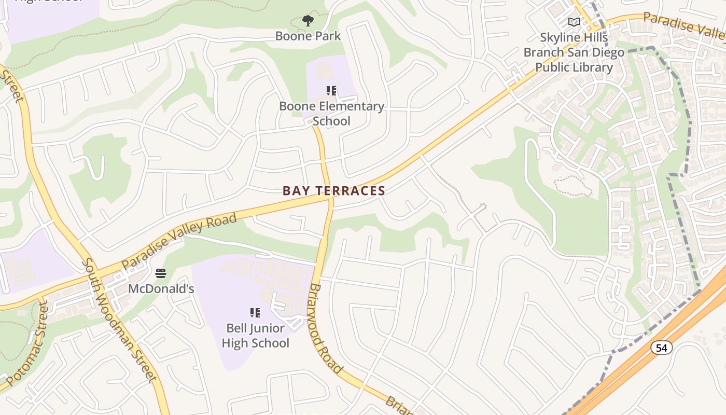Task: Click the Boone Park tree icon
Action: [x=308, y=21]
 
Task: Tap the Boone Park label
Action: [x=308, y=36]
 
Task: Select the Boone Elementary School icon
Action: [x=331, y=91]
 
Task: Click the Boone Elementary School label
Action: [x=331, y=113]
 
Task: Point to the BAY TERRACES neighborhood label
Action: [x=334, y=191]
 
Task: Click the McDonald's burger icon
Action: [x=161, y=273]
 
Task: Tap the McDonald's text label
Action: [x=161, y=288]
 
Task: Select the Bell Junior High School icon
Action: [x=255, y=313]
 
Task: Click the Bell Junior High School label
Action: [x=255, y=335]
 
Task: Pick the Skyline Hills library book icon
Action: [x=574, y=22]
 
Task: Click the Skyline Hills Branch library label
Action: [x=574, y=52]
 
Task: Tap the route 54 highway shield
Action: [x=661, y=348]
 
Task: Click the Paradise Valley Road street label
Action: [x=179, y=241]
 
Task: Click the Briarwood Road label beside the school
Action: [x=326, y=328]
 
